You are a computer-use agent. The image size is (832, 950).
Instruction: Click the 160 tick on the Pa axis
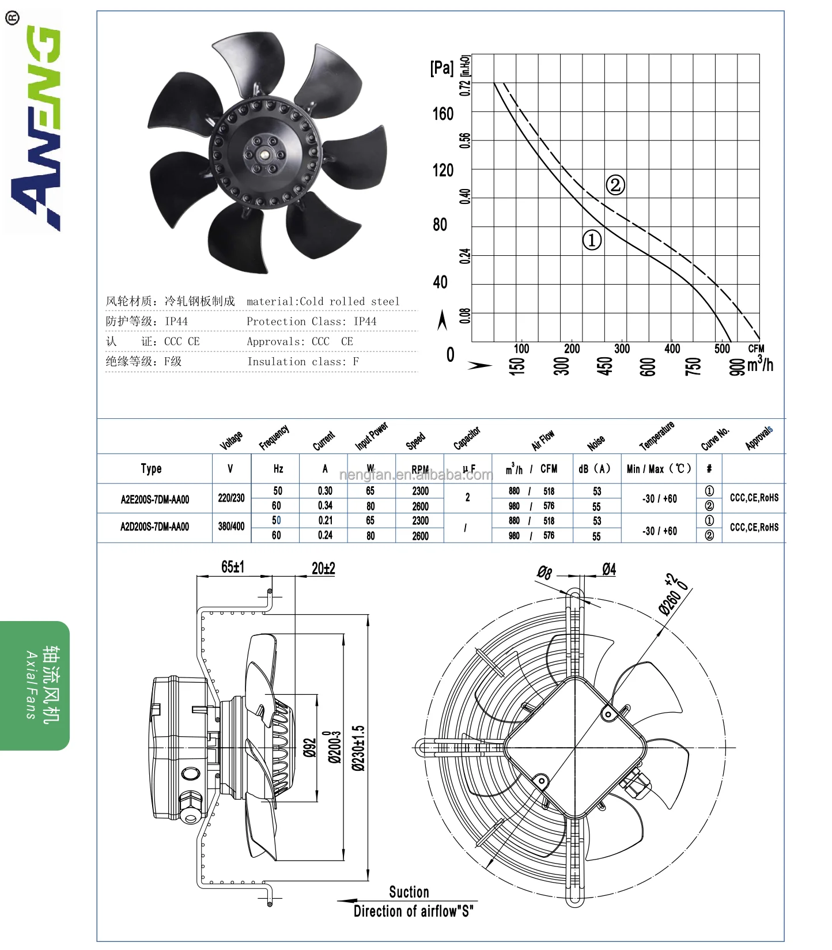tap(443, 114)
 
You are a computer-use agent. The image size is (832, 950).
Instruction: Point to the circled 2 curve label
tap(615, 185)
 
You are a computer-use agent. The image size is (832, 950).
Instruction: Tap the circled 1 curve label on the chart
tap(592, 240)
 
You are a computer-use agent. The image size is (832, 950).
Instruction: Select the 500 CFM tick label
tap(722, 349)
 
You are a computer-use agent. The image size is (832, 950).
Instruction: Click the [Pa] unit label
tap(442, 68)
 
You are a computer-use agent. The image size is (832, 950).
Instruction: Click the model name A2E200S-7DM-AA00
tap(154, 499)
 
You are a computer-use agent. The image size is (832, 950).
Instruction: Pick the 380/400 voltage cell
tap(231, 527)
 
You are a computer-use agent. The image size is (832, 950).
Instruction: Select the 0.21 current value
tap(325, 520)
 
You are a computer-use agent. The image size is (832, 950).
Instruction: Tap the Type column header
tap(151, 468)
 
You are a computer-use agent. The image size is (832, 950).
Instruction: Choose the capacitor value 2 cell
tap(467, 497)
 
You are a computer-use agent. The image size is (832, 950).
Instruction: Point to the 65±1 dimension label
tap(233, 567)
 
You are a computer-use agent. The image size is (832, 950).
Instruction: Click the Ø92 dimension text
tap(310, 748)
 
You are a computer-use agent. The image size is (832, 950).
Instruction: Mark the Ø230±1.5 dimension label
tap(358, 748)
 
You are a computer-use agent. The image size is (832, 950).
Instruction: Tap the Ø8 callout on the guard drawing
tap(544, 572)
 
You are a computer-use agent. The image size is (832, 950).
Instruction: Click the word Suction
tap(409, 892)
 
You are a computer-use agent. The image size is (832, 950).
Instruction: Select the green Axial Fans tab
tap(35, 686)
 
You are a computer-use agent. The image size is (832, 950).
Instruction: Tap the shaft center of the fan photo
tap(264, 154)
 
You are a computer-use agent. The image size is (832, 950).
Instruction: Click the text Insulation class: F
tap(303, 362)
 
